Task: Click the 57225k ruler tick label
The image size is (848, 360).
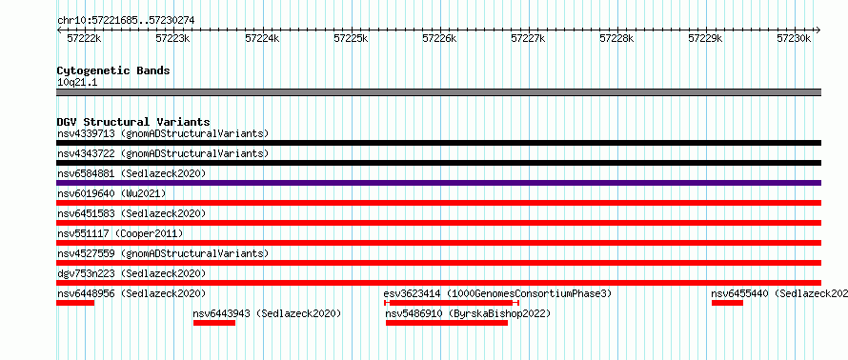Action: tap(351, 38)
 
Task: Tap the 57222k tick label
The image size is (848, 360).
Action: tap(84, 38)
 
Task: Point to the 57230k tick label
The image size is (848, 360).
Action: tap(794, 38)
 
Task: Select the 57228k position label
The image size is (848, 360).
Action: tap(616, 38)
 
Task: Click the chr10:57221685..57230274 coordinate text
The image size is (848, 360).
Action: tap(126, 21)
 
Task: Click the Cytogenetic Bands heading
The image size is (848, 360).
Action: tap(113, 70)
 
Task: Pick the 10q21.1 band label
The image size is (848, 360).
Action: tap(77, 83)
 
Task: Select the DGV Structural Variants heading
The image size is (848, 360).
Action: tap(133, 122)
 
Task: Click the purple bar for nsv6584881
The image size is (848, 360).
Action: tap(438, 183)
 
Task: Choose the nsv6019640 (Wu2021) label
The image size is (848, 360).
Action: tap(111, 193)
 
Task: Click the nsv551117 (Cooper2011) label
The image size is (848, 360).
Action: tap(120, 233)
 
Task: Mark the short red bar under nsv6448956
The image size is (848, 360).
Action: tap(75, 303)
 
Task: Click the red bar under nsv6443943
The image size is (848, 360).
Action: tap(214, 323)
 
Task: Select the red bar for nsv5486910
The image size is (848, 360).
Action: tap(447, 323)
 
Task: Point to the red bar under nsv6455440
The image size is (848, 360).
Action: tap(727, 303)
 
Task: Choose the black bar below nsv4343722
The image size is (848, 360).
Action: tap(438, 163)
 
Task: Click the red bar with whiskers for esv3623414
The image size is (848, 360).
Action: tap(452, 303)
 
